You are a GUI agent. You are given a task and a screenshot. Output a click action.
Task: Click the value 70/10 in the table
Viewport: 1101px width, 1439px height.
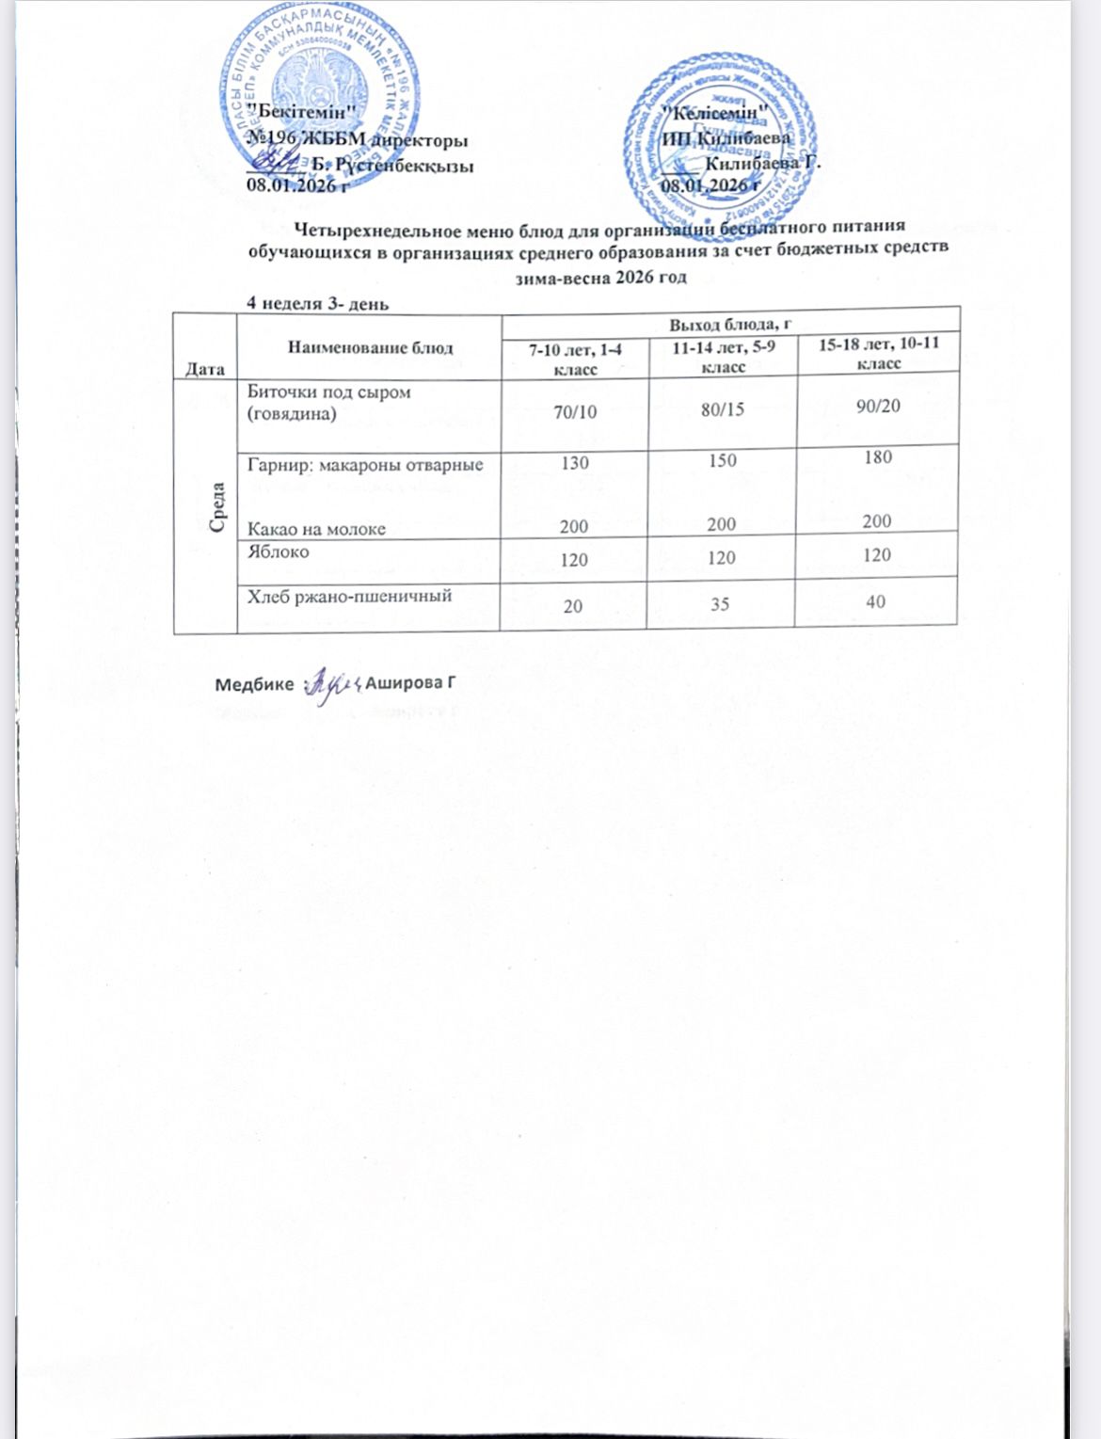[574, 411]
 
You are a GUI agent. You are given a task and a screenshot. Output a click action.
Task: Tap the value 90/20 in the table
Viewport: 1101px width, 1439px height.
[877, 406]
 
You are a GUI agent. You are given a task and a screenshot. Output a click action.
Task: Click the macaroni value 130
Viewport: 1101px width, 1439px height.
[574, 462]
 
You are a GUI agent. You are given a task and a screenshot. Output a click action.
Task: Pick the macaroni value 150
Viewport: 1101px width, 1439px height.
[722, 460]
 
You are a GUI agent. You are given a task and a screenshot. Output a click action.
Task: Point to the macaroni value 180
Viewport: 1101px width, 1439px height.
[877, 457]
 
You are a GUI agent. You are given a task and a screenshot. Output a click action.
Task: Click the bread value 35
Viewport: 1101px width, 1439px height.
[720, 604]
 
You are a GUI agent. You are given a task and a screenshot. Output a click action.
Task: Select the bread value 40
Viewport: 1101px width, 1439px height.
[875, 601]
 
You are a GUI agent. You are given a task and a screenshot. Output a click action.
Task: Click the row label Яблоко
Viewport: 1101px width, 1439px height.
[278, 552]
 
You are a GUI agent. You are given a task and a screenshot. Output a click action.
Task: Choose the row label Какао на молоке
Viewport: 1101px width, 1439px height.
[316, 529]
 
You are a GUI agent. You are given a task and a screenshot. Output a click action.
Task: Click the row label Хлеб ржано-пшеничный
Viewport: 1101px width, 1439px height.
[349, 596]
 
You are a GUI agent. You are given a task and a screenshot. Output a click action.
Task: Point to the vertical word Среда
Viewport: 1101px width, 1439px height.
[217, 506]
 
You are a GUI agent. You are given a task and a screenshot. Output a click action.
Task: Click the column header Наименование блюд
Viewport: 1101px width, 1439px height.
[370, 347]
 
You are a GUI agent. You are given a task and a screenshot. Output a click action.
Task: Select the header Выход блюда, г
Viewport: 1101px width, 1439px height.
[729, 324]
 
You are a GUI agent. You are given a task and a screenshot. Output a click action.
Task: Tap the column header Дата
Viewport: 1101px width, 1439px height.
[204, 369]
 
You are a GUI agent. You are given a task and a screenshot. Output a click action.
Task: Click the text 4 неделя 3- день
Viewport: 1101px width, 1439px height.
[317, 303]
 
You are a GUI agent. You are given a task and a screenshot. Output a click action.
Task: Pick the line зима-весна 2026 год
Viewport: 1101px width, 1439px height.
[600, 278]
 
